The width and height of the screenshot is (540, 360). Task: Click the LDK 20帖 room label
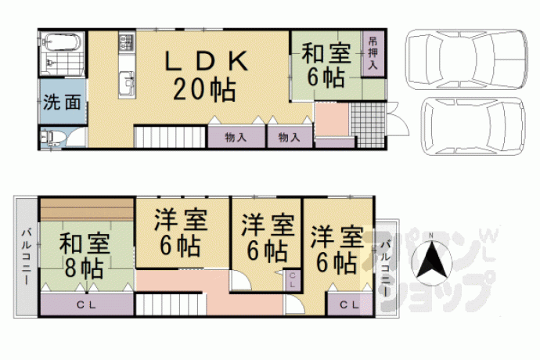click(206, 76)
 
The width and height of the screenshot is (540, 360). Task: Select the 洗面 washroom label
click(62, 102)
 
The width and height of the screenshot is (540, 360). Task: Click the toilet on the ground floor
click(52, 139)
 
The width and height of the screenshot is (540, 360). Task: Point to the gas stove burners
click(126, 42)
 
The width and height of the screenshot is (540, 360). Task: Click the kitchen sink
click(127, 83)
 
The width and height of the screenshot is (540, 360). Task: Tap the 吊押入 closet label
click(373, 54)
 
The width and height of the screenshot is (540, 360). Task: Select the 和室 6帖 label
click(326, 66)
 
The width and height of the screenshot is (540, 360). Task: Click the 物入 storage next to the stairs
click(236, 138)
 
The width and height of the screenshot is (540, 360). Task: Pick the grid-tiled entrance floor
click(368, 125)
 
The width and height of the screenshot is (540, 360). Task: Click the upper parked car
click(466, 59)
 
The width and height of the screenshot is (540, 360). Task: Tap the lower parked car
click(473, 126)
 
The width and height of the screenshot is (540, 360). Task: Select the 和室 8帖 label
click(85, 256)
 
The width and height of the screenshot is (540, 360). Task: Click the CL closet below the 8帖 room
click(86, 304)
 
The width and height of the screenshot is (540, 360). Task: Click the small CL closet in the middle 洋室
click(292, 280)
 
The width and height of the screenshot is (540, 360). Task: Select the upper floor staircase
click(170, 304)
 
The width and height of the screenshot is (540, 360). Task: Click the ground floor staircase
click(170, 137)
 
